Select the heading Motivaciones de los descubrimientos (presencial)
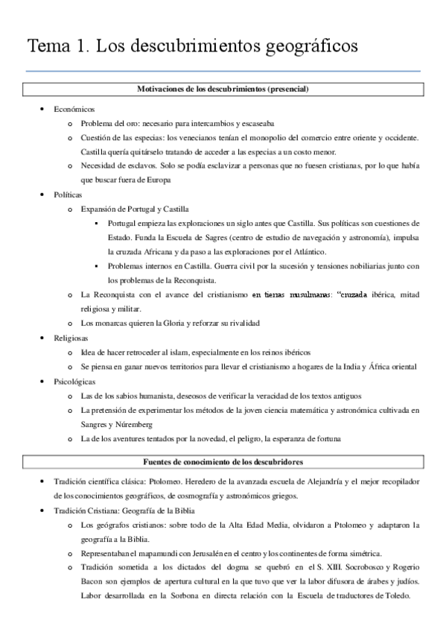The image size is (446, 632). tap(223, 89)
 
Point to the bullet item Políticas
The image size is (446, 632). tap(69, 195)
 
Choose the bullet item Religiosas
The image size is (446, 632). tap(71, 337)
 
